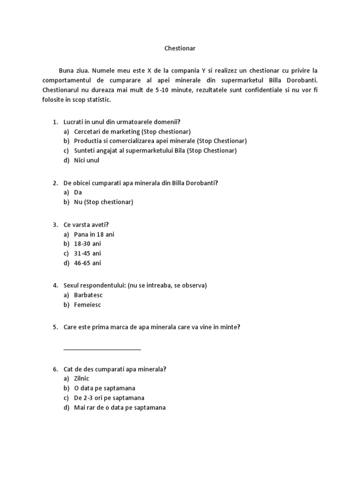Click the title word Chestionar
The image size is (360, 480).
[180, 48]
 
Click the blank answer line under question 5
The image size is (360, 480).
[102, 349]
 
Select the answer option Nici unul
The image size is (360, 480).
[87, 160]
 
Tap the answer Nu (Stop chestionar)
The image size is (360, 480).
[104, 202]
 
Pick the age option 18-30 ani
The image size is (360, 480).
[87, 244]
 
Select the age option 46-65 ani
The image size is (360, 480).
[87, 263]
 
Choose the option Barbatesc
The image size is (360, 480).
[88, 295]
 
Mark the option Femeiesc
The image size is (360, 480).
[88, 305]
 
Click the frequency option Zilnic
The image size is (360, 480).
[82, 379]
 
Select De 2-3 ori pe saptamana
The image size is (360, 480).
[109, 398]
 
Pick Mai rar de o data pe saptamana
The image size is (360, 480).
[120, 407]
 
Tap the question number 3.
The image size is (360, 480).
[55, 225]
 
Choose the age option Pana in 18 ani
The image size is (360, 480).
[94, 234]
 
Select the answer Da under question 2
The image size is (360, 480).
[78, 193]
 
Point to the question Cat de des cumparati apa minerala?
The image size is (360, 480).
[115, 369]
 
